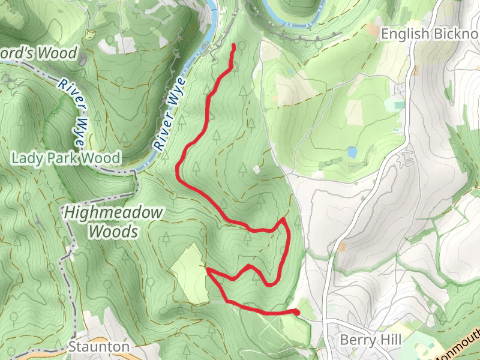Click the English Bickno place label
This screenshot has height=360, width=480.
click(x=430, y=34)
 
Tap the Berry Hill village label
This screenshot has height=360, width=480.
click(x=370, y=340)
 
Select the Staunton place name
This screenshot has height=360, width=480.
click(x=98, y=347)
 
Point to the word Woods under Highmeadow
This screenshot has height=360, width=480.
click(x=113, y=231)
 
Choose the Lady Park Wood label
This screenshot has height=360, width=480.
click(x=66, y=158)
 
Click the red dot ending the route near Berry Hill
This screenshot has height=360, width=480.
click(x=296, y=311)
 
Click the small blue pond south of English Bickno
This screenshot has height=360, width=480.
click(x=351, y=152)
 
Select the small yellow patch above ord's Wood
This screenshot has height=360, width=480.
click(x=91, y=33)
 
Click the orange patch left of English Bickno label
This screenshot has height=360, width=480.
click(x=373, y=28)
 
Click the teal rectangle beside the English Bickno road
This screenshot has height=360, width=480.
click(x=394, y=106)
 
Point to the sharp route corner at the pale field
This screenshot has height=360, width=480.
click(x=208, y=271)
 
